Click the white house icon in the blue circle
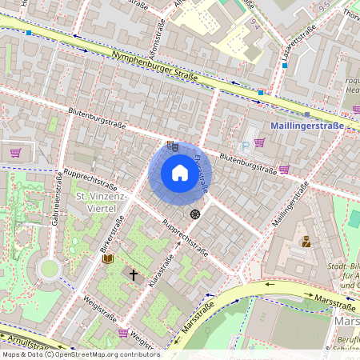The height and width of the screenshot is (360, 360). [179, 173]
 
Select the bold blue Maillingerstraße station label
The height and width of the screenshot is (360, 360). [307, 126]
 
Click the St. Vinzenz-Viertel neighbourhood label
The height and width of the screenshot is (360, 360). [96, 202]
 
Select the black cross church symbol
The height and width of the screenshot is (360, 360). [134, 274]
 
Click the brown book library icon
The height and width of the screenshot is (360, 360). [108, 258]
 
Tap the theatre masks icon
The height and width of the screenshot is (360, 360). [173, 146]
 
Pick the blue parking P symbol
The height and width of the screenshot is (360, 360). [254, 131]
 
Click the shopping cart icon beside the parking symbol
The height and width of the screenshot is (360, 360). [259, 143]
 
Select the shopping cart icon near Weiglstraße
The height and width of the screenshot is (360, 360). [122, 332]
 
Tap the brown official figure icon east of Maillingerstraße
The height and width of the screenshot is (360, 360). [305, 241]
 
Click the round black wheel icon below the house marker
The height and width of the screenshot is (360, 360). [194, 214]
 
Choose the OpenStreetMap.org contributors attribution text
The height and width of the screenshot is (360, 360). [105, 354]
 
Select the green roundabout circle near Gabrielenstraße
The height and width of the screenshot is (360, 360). [50, 268]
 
